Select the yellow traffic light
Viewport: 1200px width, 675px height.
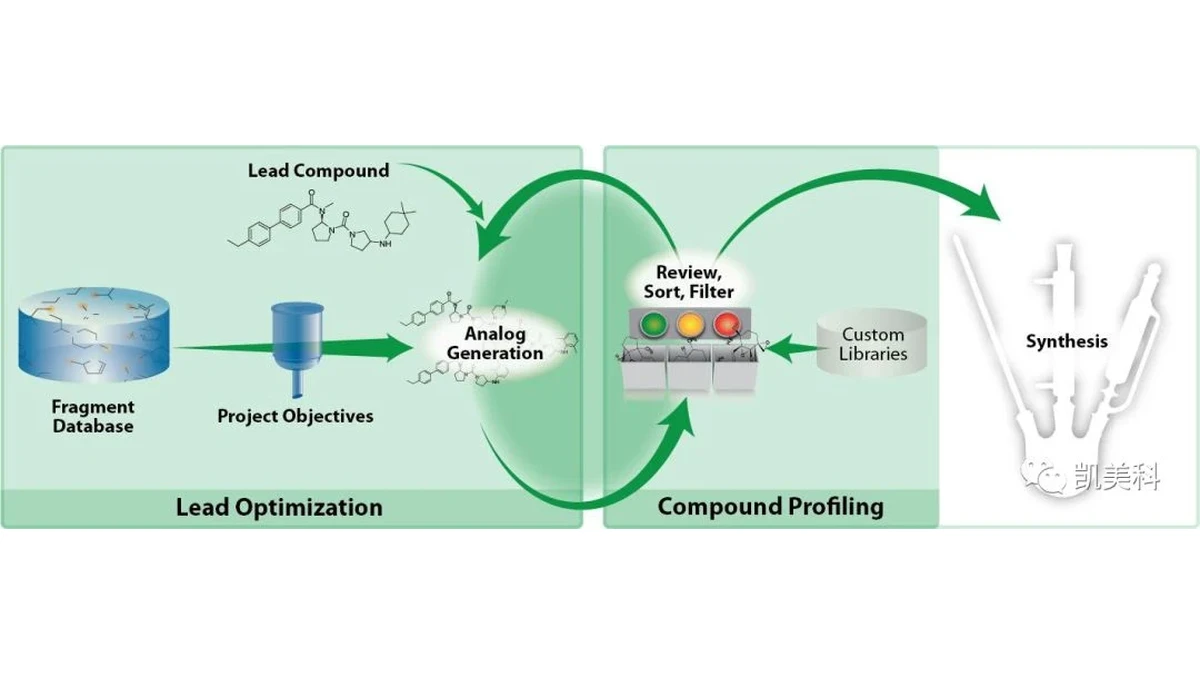(689, 325)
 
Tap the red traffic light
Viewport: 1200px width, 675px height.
(726, 325)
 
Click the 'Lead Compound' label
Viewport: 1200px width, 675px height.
(318, 171)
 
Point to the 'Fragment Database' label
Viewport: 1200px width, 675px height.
(93, 416)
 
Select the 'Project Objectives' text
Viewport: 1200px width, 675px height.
(295, 416)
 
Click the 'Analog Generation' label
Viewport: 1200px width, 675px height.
(495, 343)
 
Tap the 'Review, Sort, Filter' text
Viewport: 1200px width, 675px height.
(689, 282)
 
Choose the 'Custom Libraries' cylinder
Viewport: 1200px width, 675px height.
(872, 342)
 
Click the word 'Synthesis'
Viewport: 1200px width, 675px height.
(1067, 341)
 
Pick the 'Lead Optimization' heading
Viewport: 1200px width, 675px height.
(279, 507)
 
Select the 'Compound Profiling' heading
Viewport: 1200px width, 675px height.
(770, 507)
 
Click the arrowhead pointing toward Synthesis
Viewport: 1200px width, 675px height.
(978, 204)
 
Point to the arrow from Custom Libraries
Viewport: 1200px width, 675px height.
(794, 349)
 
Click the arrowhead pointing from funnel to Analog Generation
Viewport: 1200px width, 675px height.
(395, 348)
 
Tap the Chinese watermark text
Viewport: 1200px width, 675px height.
(1117, 477)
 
